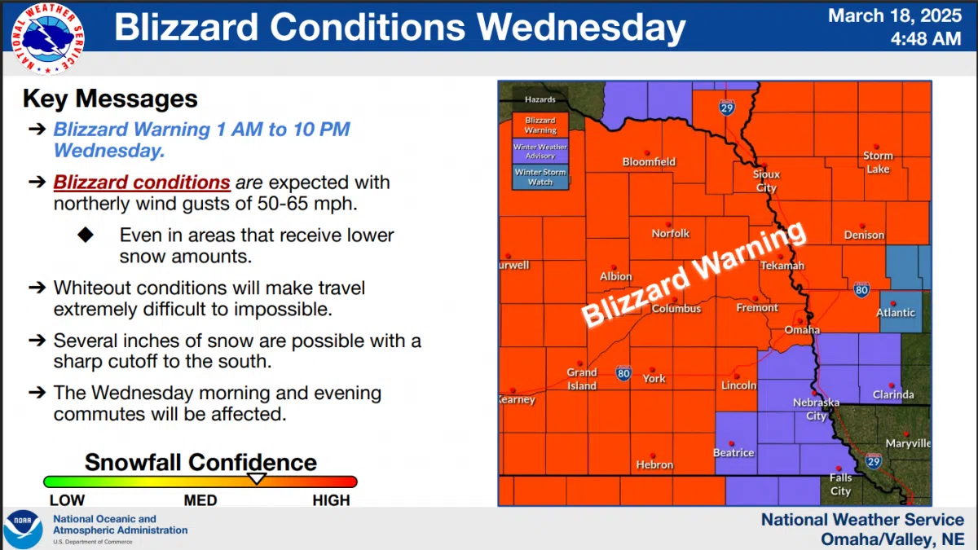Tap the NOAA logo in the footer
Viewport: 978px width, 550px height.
point(23,529)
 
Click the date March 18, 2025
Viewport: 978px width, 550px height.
point(895,15)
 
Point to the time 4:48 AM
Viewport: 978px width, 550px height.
point(926,38)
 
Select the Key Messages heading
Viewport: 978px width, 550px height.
point(110,99)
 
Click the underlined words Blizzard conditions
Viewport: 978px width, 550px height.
point(142,182)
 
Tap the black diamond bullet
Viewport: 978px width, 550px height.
point(86,235)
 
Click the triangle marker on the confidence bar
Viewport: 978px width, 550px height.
point(257,478)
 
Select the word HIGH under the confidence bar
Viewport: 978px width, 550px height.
point(331,500)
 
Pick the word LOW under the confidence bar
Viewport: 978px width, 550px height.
point(67,500)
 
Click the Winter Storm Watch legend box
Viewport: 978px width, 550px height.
point(540,177)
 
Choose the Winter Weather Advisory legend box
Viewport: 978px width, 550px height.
point(540,151)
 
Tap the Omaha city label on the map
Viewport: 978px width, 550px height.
point(802,329)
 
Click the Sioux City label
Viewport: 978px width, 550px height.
point(766,181)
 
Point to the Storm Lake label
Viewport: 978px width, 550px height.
point(878,162)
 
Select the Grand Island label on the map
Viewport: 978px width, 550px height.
point(582,379)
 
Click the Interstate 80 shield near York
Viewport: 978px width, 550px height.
point(623,373)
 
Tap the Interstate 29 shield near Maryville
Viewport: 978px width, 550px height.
point(873,462)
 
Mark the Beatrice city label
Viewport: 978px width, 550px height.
point(733,452)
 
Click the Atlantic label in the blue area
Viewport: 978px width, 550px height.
point(896,312)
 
